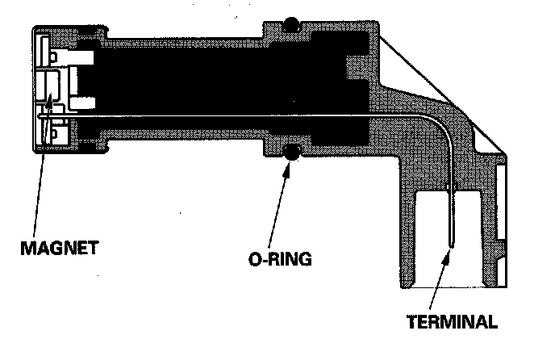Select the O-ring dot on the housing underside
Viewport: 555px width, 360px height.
pyautogui.click(x=291, y=151)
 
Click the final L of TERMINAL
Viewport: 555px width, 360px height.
pyautogui.click(x=492, y=322)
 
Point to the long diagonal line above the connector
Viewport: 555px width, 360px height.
pyautogui.click(x=440, y=93)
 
